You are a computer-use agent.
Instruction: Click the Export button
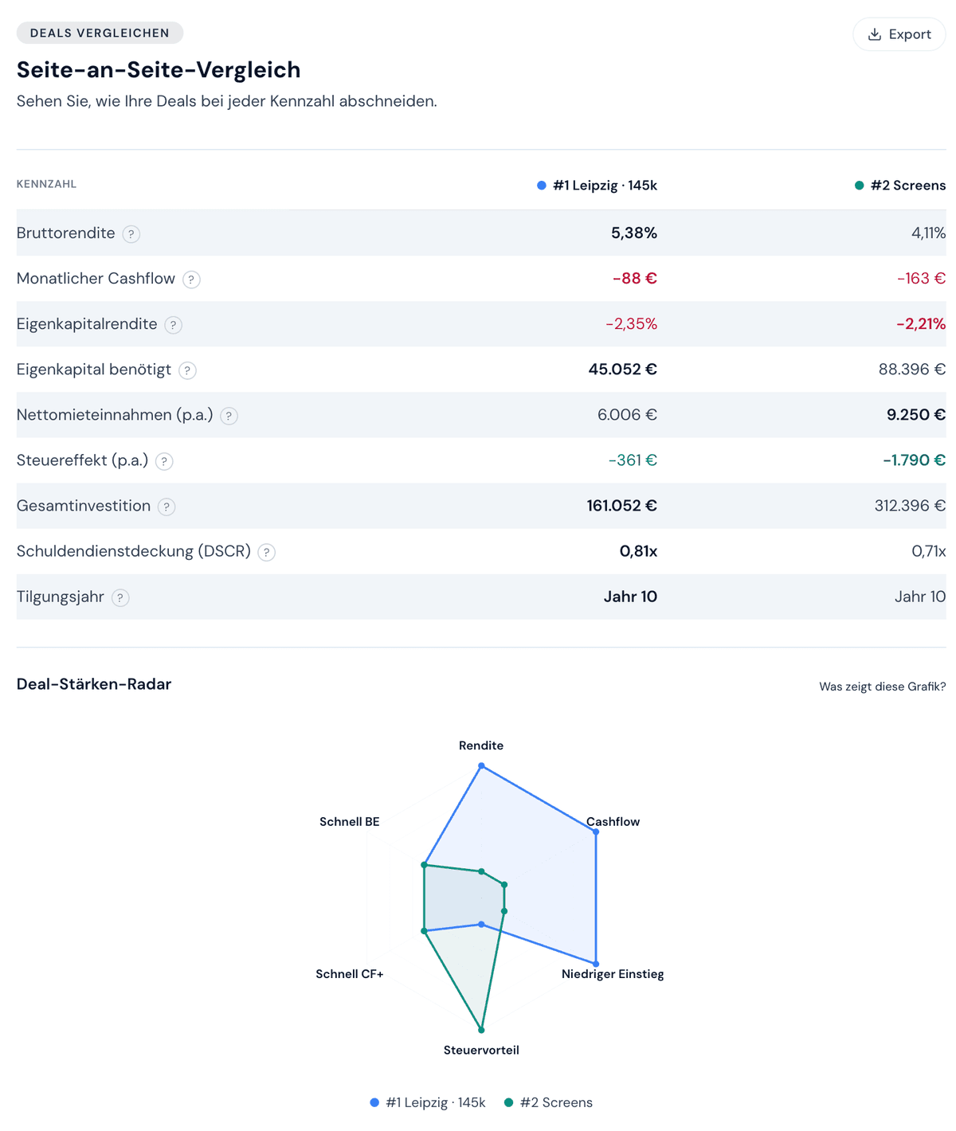tap(899, 34)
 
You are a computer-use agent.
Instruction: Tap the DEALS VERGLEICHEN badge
tap(100, 33)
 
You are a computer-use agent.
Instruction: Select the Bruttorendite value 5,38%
tap(633, 233)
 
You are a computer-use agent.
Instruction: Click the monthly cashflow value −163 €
tap(921, 278)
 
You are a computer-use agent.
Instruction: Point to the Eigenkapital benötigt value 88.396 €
tap(911, 369)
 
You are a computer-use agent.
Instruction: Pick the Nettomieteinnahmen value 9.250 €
tap(915, 414)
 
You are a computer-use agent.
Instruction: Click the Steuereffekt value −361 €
tap(633, 460)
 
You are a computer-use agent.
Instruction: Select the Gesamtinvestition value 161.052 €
tap(621, 505)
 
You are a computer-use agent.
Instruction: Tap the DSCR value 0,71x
tap(928, 550)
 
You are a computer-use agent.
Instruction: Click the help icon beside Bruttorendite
tap(131, 233)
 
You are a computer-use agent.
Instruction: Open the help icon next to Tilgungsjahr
tap(120, 597)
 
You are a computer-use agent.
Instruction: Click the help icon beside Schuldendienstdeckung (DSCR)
tap(267, 552)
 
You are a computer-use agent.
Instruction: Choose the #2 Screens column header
tap(900, 186)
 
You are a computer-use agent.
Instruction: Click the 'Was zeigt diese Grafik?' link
tap(882, 687)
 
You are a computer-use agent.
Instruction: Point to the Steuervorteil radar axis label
tap(481, 1050)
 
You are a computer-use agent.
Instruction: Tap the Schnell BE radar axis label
tap(349, 821)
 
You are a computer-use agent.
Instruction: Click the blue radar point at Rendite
tap(481, 765)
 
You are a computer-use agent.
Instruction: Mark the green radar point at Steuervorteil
tap(481, 1030)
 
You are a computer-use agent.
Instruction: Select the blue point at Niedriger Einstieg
tap(596, 964)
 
